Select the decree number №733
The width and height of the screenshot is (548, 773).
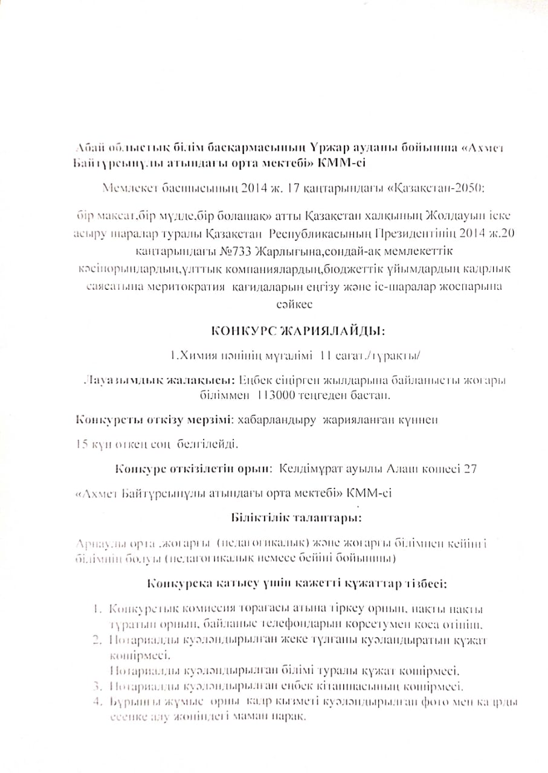pyautogui.click(x=236, y=251)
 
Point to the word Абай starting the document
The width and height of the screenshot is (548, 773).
pyautogui.click(x=88, y=149)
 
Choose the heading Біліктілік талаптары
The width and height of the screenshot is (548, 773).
pyautogui.click(x=296, y=518)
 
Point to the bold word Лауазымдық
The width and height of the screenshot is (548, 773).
pyautogui.click(x=113, y=380)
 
